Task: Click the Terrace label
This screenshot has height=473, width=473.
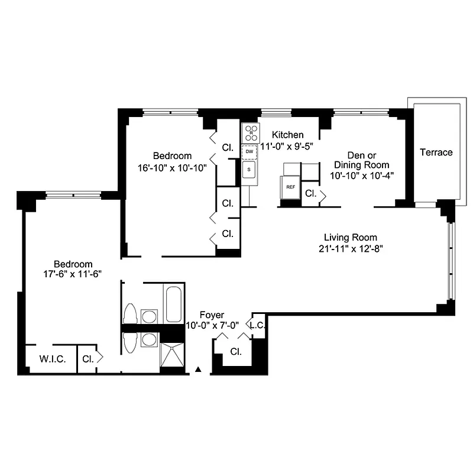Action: tap(436, 153)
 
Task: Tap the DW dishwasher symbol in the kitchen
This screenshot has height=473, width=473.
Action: tap(250, 151)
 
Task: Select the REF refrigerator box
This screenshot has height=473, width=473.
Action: tap(290, 187)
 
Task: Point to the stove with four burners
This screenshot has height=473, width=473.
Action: tap(250, 132)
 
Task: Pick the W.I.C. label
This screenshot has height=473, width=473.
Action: tap(52, 359)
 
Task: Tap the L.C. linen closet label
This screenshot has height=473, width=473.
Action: tap(257, 326)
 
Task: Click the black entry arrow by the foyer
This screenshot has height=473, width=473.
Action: tap(199, 370)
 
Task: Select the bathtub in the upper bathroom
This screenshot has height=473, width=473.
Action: tap(174, 304)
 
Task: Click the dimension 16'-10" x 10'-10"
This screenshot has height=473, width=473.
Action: tap(172, 167)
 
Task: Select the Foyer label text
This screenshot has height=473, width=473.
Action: tap(211, 315)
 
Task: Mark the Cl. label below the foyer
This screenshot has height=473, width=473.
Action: tap(236, 352)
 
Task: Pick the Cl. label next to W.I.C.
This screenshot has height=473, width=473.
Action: tap(88, 359)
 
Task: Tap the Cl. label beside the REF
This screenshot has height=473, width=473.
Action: tap(310, 193)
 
